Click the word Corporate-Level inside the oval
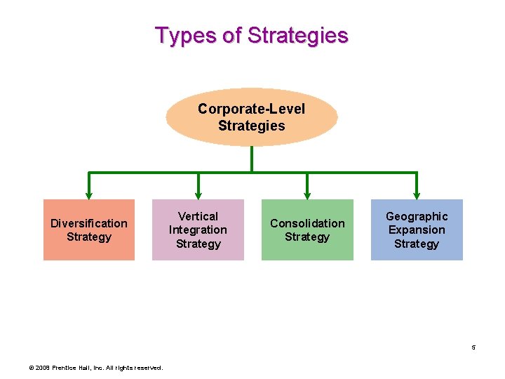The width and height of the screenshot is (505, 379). coord(252,109)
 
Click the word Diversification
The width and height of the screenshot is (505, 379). coord(89,223)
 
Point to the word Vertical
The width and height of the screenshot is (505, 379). coord(198,216)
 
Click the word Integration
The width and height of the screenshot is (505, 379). coord(198,230)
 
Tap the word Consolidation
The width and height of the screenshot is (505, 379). coord(307,223)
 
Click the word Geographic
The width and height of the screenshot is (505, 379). coord(417,216)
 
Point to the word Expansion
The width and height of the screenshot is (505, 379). coord(417,230)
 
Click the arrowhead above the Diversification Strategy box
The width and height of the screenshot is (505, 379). coord(89,194)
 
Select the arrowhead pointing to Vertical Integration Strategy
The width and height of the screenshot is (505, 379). coord(198,194)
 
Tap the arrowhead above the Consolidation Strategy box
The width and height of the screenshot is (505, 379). coord(307,194)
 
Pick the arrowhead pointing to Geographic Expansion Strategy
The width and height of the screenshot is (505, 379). coord(417,194)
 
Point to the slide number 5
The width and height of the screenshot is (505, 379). coord(473,347)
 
